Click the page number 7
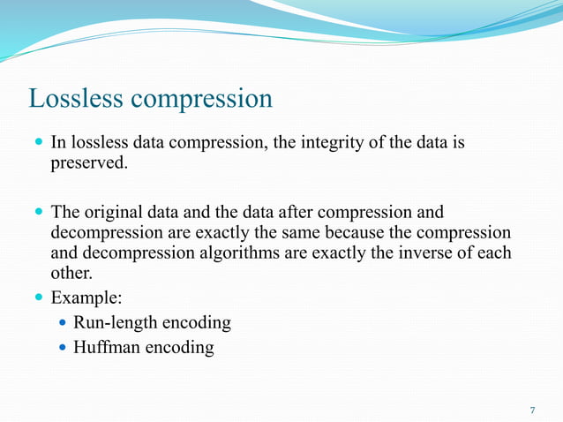pos(532,411)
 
